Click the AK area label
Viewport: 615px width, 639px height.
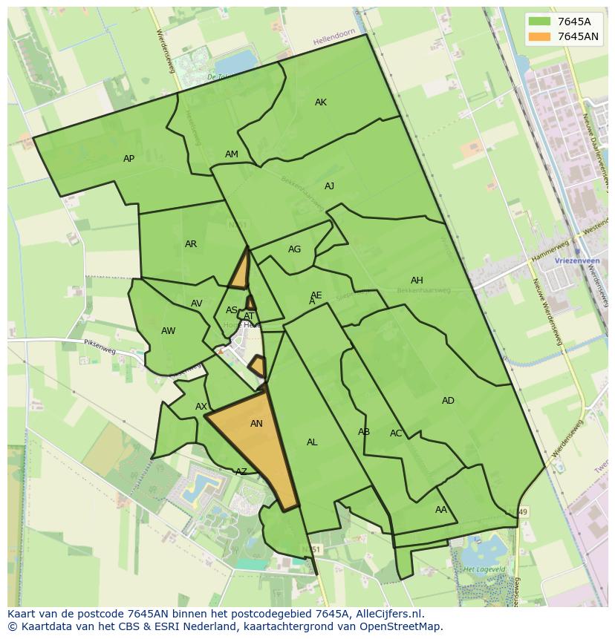[321, 102]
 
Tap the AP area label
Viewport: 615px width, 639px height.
[129, 159]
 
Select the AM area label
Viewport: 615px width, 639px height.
[232, 154]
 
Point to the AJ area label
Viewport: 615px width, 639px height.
[329, 186]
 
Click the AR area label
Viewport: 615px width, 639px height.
[191, 244]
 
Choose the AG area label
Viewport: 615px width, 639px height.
[295, 249]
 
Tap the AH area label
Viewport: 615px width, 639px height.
[417, 281]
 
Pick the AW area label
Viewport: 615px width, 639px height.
[169, 331]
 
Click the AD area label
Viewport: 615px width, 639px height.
[448, 401]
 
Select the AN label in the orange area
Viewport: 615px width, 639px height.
[256, 424]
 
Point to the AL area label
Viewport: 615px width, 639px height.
[312, 442]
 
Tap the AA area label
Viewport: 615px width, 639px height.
[441, 510]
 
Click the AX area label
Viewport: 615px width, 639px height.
[201, 407]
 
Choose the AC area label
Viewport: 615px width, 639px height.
[396, 433]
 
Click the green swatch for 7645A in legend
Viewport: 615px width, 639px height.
[540, 22]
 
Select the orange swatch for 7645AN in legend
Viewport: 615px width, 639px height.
[540, 36]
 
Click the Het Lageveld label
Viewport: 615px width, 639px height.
[479, 569]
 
